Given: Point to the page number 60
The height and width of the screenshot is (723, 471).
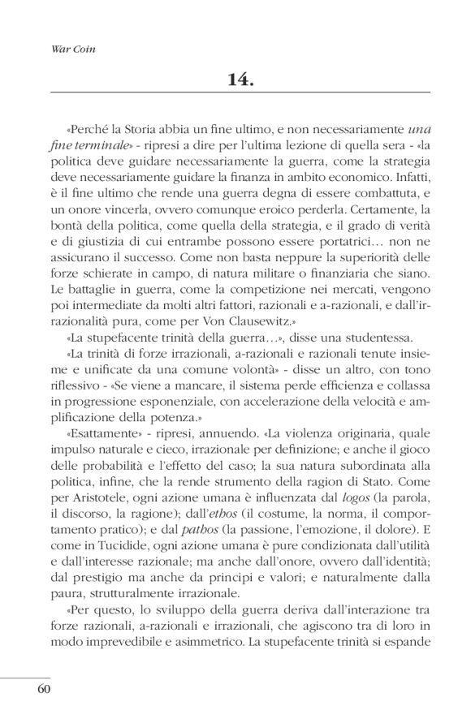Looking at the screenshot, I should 43,690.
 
